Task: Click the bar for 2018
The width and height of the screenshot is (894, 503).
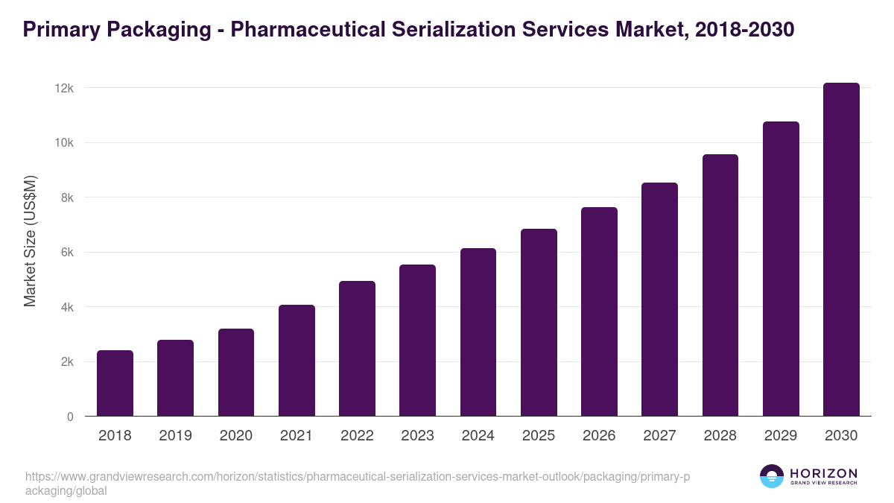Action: tap(115, 383)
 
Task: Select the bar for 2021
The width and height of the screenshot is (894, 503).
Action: tap(297, 361)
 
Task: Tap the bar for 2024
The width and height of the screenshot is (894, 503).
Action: tap(478, 332)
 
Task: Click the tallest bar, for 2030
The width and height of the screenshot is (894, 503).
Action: tap(841, 250)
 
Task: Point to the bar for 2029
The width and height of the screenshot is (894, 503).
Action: tap(781, 269)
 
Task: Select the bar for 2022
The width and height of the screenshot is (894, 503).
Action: tap(357, 349)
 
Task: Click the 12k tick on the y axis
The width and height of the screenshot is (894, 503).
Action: tap(64, 88)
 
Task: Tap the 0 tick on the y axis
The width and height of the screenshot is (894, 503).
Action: tap(70, 417)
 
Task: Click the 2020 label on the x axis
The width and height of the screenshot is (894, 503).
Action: tap(235, 436)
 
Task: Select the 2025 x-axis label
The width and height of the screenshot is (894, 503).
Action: tap(539, 436)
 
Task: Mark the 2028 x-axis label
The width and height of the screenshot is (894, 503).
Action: tap(720, 436)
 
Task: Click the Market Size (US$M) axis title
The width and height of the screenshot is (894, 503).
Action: tap(30, 241)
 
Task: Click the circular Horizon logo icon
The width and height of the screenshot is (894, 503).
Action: tap(772, 476)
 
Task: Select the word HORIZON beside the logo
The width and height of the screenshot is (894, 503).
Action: tap(823, 473)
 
